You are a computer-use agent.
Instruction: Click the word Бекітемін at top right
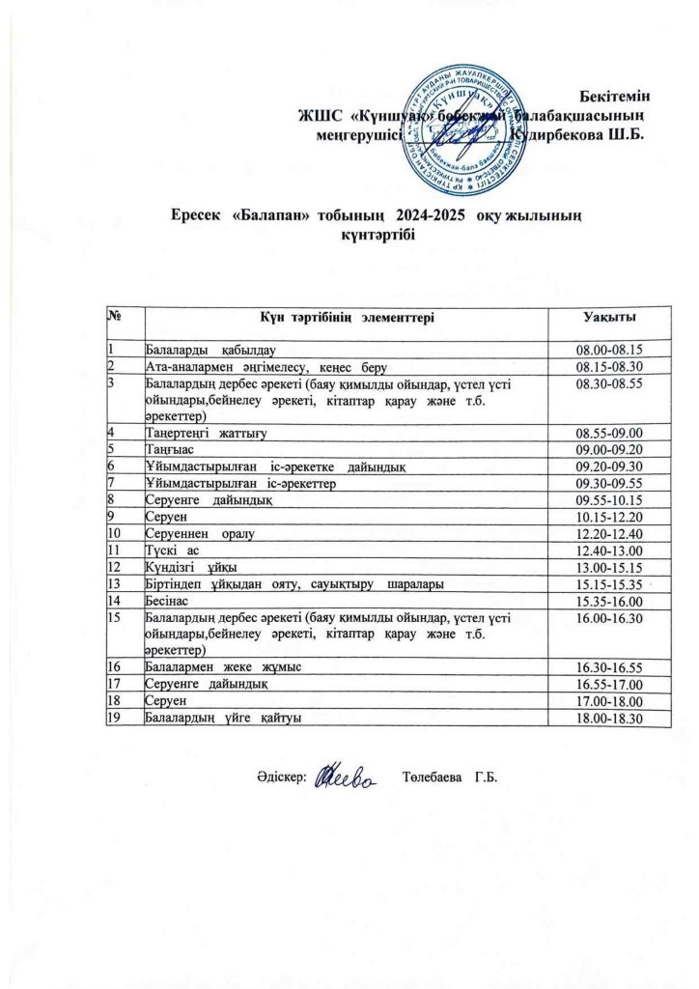click(614, 96)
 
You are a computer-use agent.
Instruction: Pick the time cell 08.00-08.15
click(608, 350)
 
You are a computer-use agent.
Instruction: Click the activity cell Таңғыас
click(169, 449)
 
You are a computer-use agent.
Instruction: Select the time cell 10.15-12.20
click(608, 518)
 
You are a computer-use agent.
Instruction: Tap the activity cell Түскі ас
click(173, 551)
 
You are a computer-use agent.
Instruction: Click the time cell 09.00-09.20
click(608, 449)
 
